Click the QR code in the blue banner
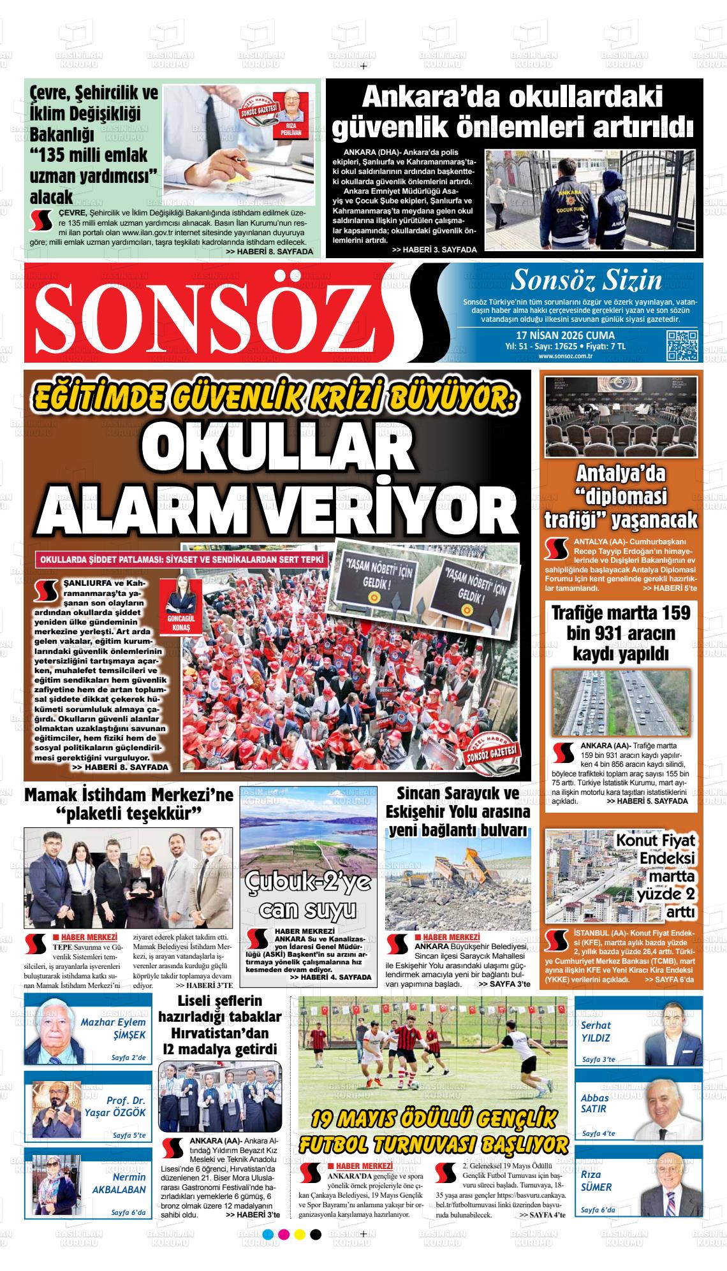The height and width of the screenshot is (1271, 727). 680,347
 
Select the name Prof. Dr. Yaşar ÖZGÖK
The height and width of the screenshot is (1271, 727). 115,1107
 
